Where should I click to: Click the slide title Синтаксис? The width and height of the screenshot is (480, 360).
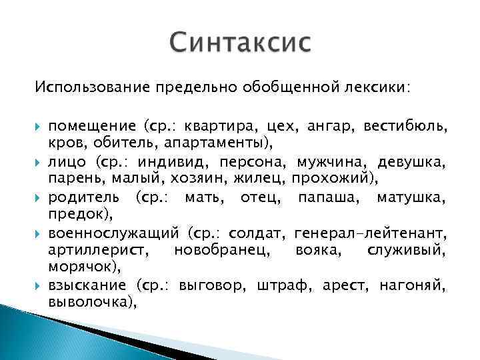click(x=240, y=44)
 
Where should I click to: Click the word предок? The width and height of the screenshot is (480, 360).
click(x=71, y=214)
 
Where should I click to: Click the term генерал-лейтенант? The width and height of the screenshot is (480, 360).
click(x=370, y=235)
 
